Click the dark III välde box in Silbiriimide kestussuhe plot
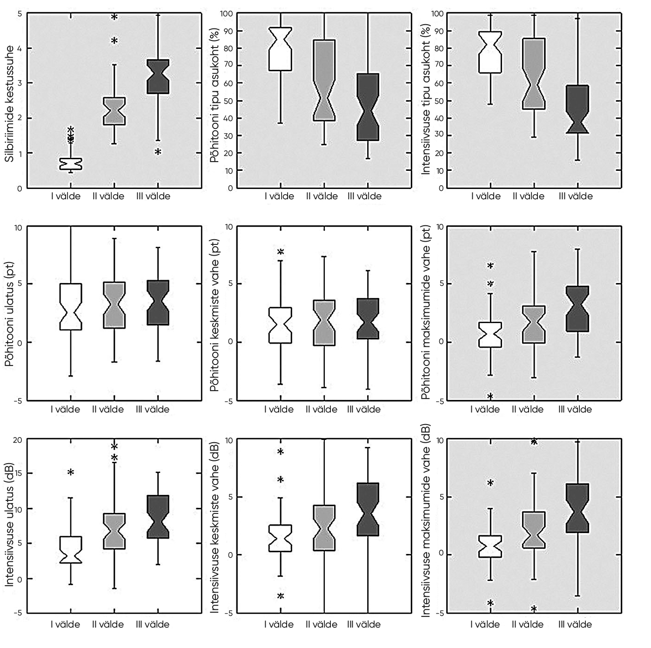click(x=158, y=77)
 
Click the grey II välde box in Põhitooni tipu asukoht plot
click(x=324, y=80)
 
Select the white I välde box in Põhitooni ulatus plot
click(x=71, y=307)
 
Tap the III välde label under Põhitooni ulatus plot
click(x=153, y=410)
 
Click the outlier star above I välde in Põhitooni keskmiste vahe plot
click(x=281, y=252)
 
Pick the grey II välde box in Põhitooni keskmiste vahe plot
click(x=324, y=323)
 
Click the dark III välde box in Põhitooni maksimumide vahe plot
click(x=577, y=309)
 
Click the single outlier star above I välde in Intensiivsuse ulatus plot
click(x=71, y=473)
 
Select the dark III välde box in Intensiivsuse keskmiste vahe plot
click(x=368, y=509)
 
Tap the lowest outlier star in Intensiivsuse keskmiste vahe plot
click(x=281, y=596)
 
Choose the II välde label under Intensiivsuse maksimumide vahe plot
click(x=528, y=624)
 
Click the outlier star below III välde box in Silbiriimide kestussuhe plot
click(x=158, y=152)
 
